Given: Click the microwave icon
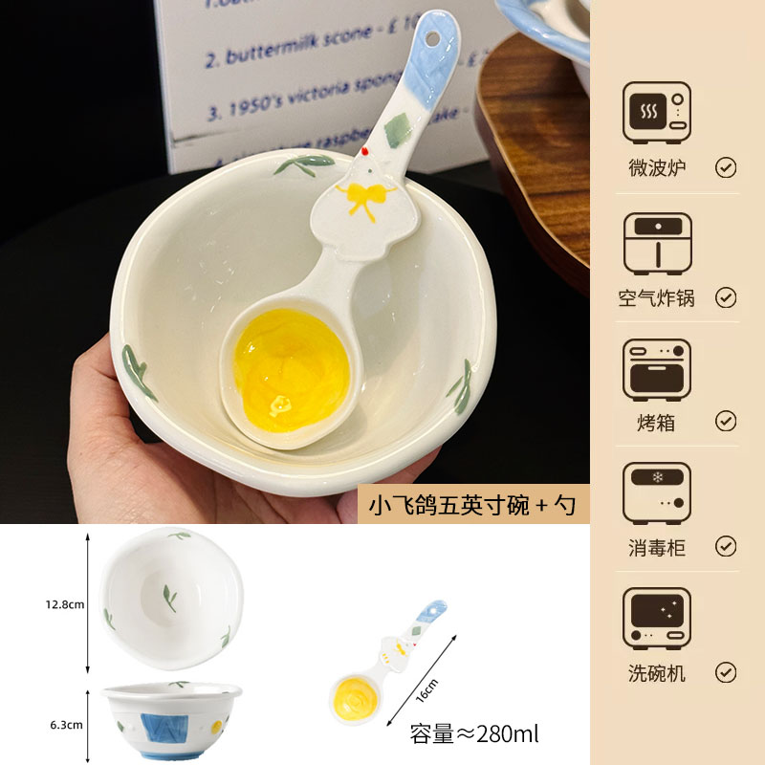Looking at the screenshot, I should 656,113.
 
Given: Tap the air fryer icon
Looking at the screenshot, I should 656,243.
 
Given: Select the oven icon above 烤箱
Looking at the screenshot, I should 656,369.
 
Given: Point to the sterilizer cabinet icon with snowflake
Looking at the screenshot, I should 656,493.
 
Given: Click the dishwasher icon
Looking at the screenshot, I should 656,619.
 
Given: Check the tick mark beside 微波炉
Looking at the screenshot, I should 726,168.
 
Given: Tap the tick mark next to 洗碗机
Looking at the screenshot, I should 726,672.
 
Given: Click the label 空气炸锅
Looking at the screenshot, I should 656,297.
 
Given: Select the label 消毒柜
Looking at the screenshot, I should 656,547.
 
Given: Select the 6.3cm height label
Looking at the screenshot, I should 65,724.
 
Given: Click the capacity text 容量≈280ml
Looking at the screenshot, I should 474,734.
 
